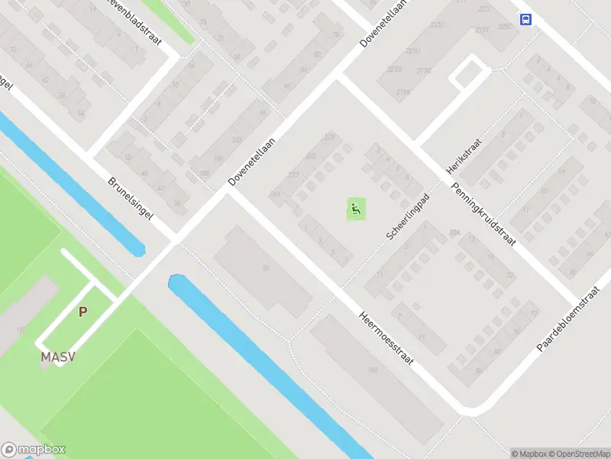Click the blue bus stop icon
click(525, 20)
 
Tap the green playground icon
click(356, 208)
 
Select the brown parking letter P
click(83, 311)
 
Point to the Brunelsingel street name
click(130, 199)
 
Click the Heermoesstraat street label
click(386, 337)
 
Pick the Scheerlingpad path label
click(408, 217)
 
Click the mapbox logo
click(34, 450)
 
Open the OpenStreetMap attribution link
click(579, 453)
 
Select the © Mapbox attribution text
click(529, 453)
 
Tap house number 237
click(293, 174)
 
